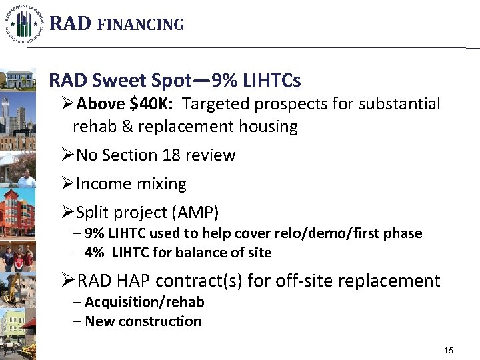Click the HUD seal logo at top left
tap(25, 24)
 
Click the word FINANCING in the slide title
tap(141, 25)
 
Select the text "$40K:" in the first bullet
tap(155, 104)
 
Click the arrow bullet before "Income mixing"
tap(67, 184)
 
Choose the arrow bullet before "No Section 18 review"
tap(67, 155)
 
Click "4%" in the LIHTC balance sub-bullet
tap(97, 253)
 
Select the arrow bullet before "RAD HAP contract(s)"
tap(67, 281)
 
